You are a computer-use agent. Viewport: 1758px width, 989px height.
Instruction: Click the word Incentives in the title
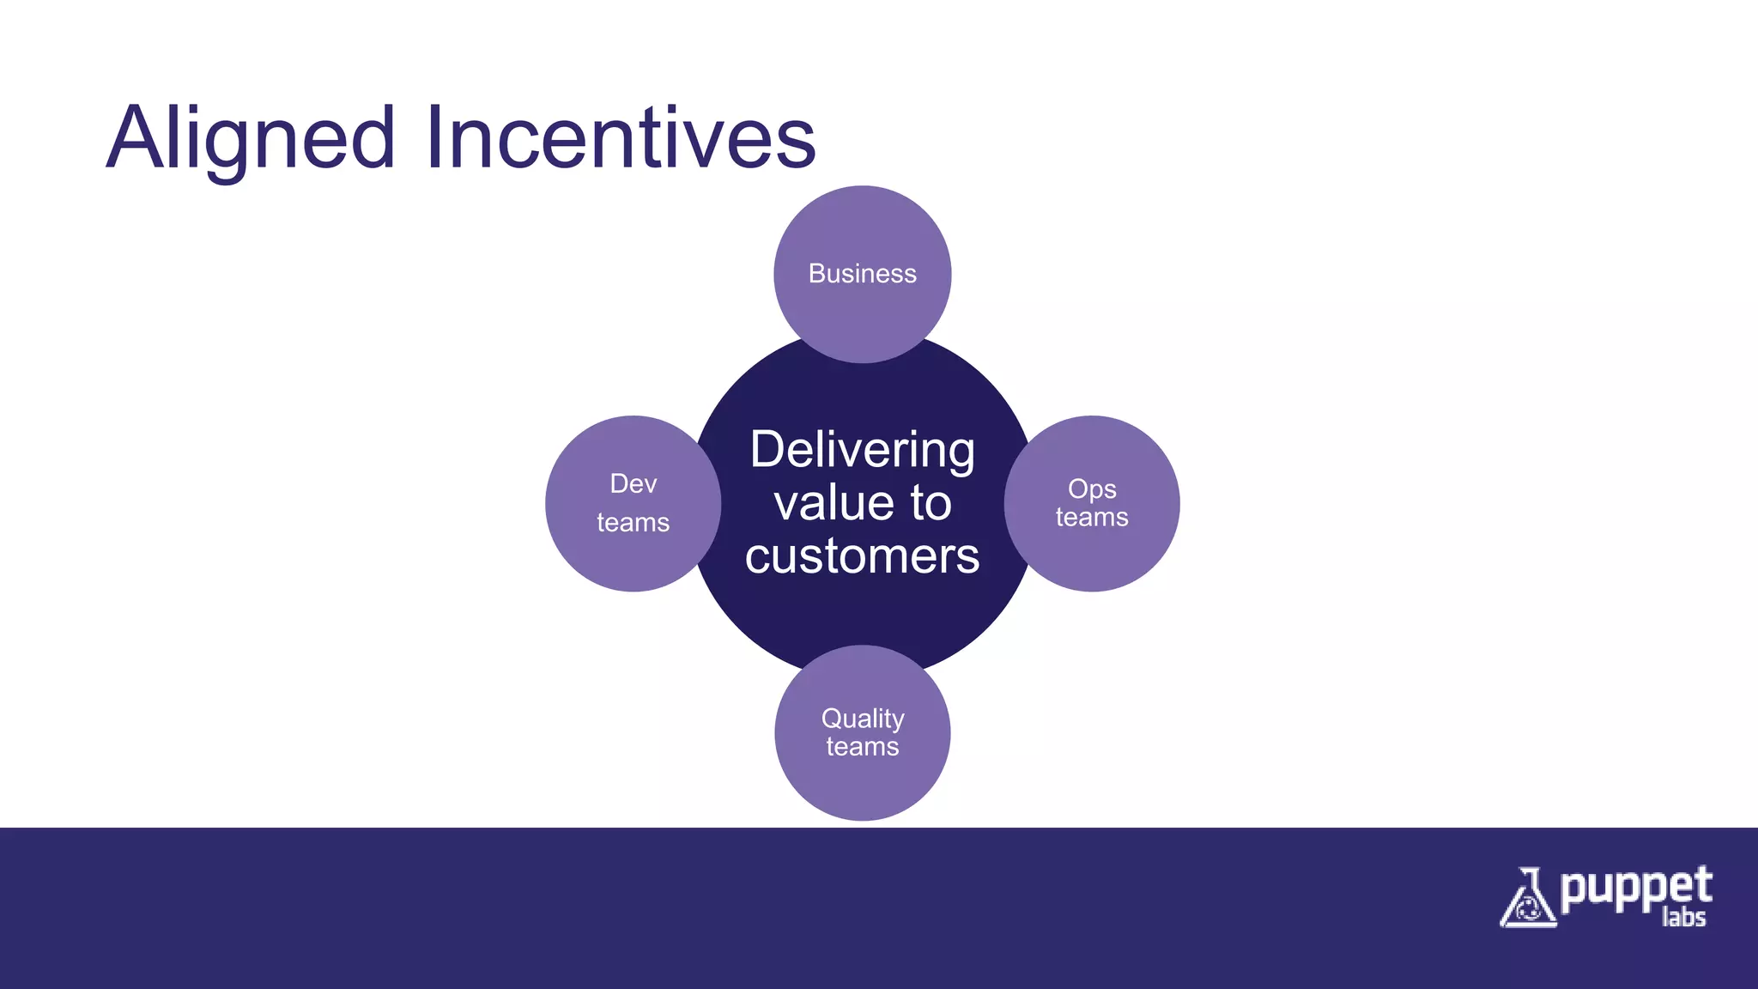coord(620,137)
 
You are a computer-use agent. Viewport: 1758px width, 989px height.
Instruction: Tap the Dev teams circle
coord(601,549)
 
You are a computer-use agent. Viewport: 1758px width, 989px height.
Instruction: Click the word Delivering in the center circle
coord(863,450)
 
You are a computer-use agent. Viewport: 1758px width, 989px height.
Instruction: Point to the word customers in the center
coord(863,556)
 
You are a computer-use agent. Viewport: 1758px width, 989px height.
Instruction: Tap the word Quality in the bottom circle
coord(863,718)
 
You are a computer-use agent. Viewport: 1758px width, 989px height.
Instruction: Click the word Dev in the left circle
coord(633,483)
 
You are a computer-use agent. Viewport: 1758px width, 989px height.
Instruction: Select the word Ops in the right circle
coord(1092,488)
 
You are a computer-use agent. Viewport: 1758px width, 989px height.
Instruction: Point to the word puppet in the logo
coord(1636,889)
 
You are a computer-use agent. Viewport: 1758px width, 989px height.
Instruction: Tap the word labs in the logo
coord(1683,918)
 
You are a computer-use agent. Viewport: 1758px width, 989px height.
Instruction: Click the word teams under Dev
coord(633,522)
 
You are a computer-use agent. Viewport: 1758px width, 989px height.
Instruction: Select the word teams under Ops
coord(1092,517)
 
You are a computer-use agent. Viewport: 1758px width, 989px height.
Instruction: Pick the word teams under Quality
coord(863,747)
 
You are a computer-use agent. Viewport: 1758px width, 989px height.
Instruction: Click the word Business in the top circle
coord(863,274)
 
